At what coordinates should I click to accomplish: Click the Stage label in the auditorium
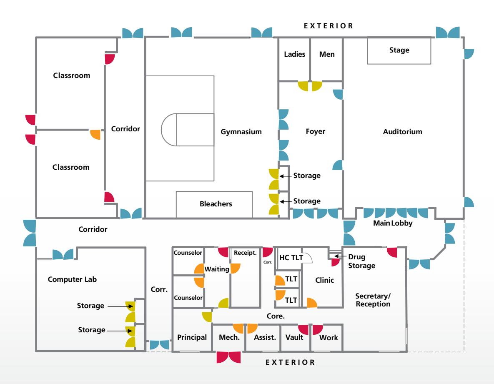(x=399, y=50)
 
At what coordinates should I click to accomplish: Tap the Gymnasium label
(x=241, y=132)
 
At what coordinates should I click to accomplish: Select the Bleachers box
(x=215, y=204)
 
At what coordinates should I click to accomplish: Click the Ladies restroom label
(x=295, y=54)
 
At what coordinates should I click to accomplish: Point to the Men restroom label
(x=326, y=54)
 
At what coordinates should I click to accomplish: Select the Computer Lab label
(x=73, y=279)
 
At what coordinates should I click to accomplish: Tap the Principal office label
(x=192, y=337)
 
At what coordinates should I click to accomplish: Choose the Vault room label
(x=294, y=337)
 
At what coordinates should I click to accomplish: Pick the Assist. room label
(x=265, y=337)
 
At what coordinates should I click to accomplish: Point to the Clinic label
(x=324, y=281)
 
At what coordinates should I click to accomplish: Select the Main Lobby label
(x=392, y=224)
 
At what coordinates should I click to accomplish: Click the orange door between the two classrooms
(x=96, y=135)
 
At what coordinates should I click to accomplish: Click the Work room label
(x=328, y=337)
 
